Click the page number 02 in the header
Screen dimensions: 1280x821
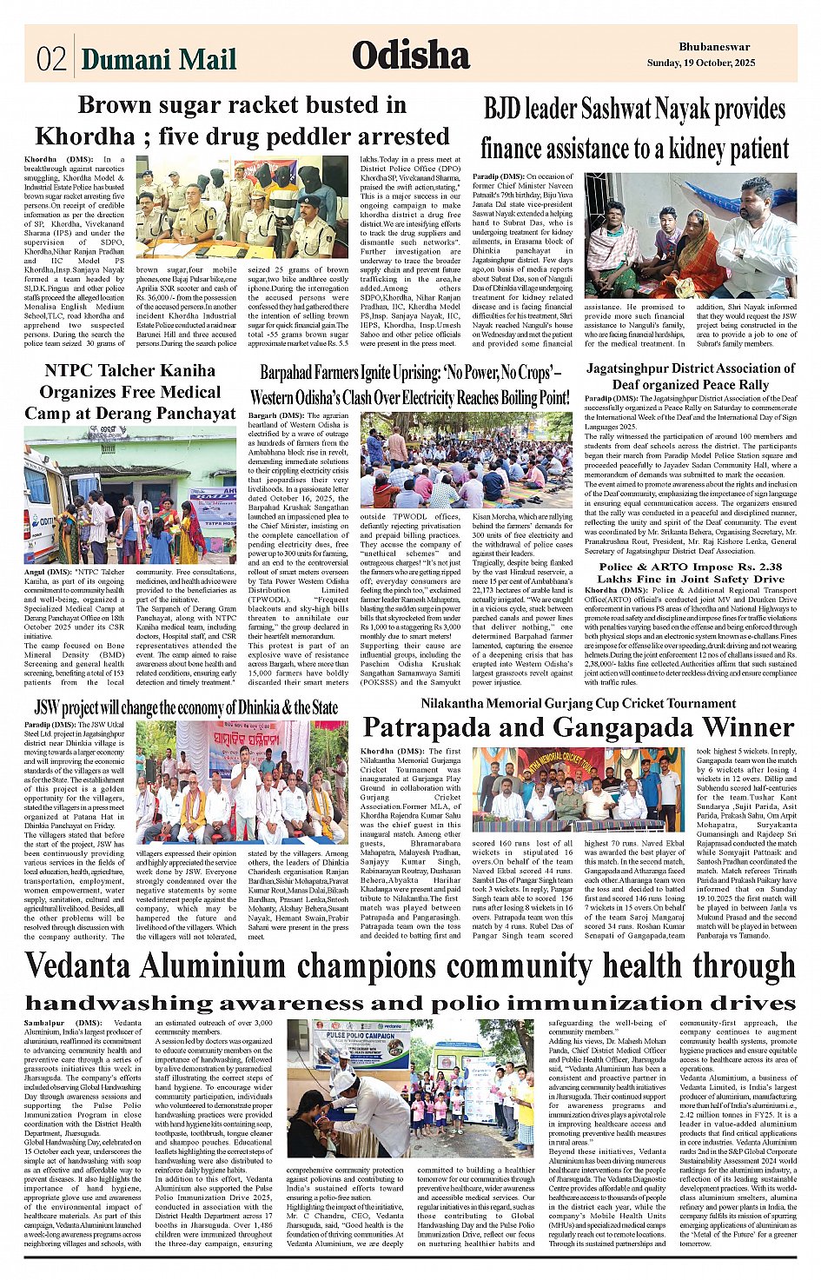coord(51,58)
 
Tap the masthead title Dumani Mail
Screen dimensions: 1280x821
coord(158,58)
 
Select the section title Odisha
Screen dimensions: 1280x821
coord(410,56)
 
